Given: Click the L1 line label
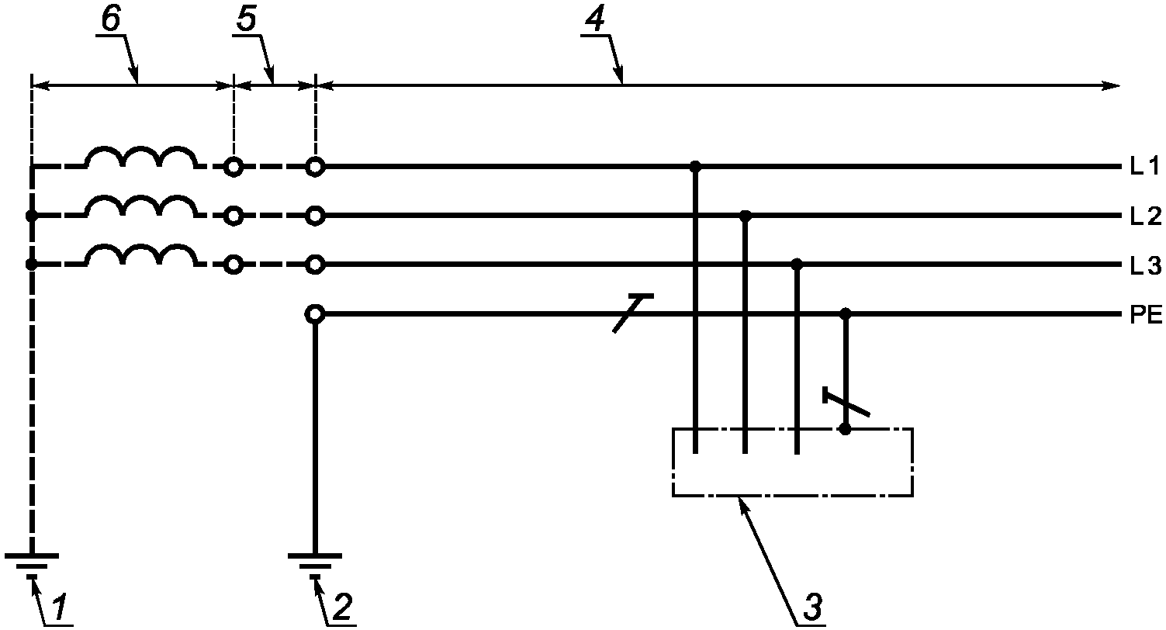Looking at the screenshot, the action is (x=1144, y=167).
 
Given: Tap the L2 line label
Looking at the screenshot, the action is (x=1145, y=216).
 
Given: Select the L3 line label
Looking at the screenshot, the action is (x=1145, y=266).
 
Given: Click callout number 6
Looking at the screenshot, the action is (x=111, y=19).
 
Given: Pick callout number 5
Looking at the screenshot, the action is (x=247, y=19).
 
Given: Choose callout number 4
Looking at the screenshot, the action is (x=595, y=19).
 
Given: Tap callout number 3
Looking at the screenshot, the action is (x=813, y=607).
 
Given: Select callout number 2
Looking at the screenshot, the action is (x=342, y=607).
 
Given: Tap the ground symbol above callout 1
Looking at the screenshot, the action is (x=32, y=565).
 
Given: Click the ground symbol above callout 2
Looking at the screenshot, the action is (x=315, y=565).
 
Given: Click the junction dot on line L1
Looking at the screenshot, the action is (x=695, y=167).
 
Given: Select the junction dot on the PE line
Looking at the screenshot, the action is (x=846, y=314).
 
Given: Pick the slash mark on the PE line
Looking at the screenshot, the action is (x=633, y=313).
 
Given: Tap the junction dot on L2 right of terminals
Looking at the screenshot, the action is (x=746, y=216).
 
